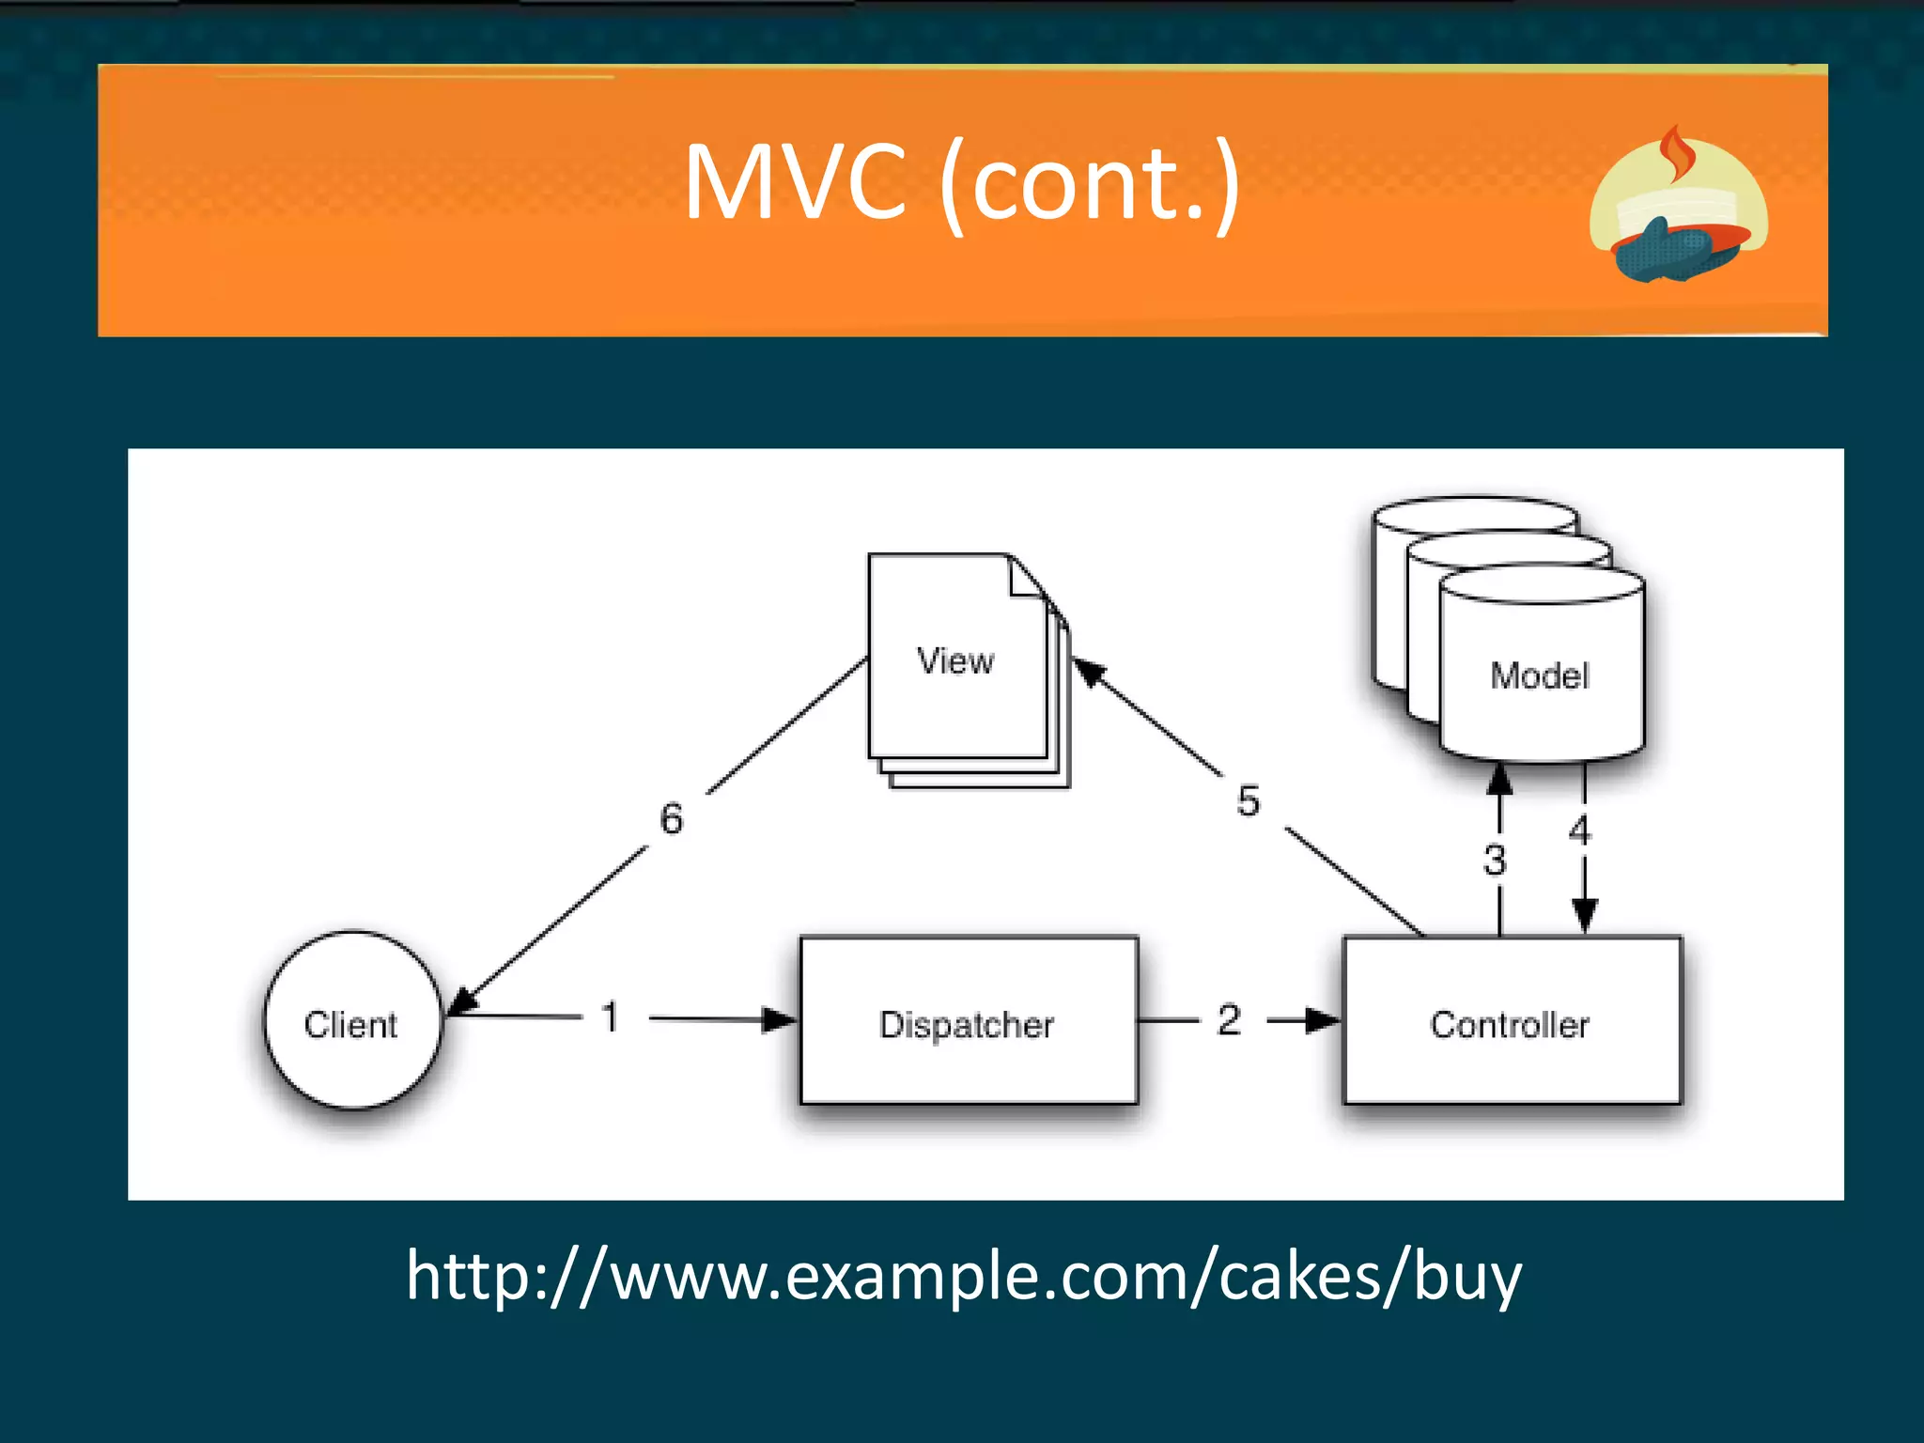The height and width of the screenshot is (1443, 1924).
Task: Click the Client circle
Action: tap(352, 1021)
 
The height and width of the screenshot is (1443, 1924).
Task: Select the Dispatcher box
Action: tap(968, 1022)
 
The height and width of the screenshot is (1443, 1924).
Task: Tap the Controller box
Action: tap(1511, 1022)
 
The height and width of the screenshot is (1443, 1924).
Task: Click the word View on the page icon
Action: tap(955, 661)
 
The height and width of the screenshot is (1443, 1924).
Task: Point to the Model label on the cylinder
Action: tap(1540, 675)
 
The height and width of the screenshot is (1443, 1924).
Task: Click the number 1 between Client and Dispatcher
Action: tap(611, 1017)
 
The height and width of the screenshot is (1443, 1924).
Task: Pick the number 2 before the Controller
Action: tap(1229, 1019)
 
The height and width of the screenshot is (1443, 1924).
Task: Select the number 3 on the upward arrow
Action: tap(1495, 860)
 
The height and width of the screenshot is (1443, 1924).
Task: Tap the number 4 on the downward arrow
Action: tap(1580, 830)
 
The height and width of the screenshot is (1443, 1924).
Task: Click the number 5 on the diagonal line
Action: tap(1249, 801)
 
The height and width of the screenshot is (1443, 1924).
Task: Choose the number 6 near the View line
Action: tap(671, 818)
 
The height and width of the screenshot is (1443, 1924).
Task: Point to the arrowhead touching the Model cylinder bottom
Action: tap(1500, 779)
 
